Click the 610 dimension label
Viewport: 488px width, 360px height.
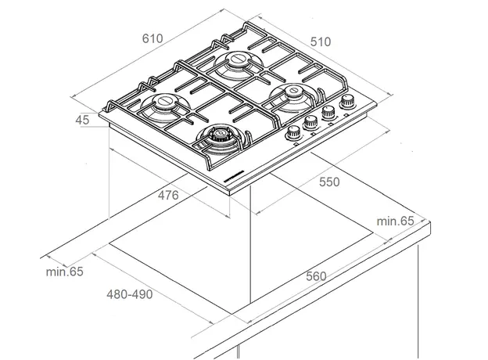152,38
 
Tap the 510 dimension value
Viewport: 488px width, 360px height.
321,41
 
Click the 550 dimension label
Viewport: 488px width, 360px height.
328,182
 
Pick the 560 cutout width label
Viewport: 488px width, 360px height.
316,275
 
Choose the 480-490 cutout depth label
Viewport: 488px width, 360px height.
130,294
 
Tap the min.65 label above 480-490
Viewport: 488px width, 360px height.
64,272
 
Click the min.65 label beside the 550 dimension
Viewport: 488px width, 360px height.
395,221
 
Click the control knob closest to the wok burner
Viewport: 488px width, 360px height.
294,131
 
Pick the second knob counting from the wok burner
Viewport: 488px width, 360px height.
310,122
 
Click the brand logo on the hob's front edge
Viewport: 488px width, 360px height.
234,180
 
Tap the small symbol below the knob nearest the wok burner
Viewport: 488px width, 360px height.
296,142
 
